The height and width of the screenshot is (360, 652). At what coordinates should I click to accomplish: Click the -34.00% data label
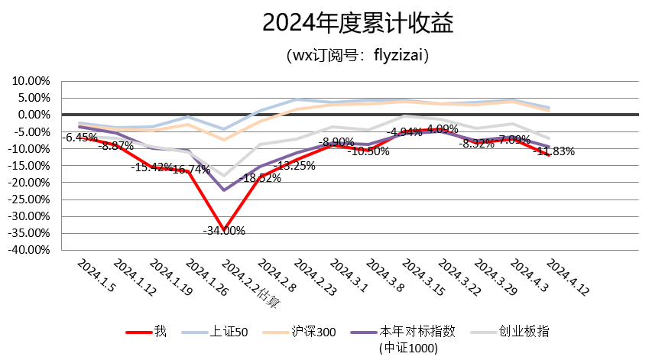point(224,231)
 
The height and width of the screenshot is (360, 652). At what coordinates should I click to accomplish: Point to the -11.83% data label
point(555,151)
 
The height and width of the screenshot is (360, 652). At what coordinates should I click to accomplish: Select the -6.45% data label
point(81,138)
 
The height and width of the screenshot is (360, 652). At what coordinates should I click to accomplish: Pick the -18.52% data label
point(260,178)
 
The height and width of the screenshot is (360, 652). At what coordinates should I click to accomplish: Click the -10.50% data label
point(368,151)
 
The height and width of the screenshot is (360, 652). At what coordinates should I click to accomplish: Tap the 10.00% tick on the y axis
point(31,81)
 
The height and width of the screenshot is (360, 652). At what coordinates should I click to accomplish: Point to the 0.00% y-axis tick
point(33,115)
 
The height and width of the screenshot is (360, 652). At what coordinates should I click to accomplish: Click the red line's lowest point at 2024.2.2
point(224,222)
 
